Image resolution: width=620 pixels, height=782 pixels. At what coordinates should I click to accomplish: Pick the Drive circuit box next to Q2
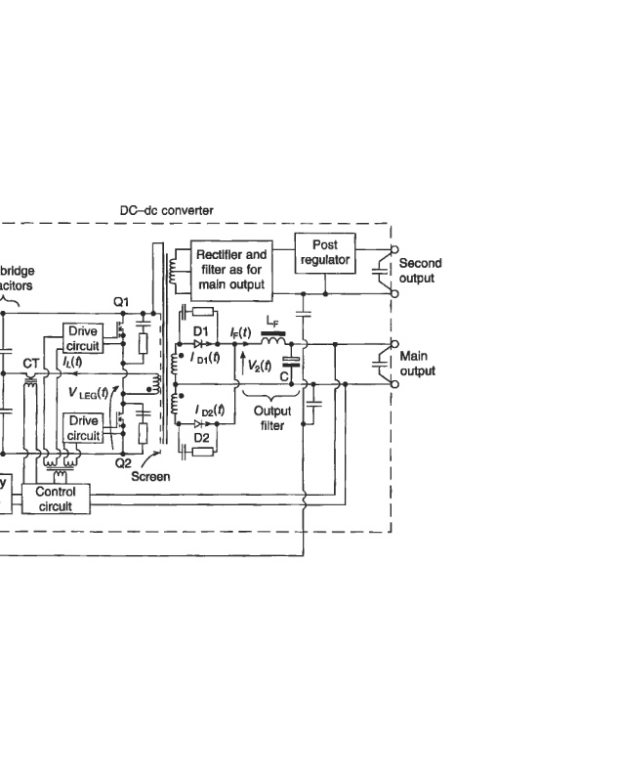pos(83,428)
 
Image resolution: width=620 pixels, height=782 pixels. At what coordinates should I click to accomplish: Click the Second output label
pos(420,271)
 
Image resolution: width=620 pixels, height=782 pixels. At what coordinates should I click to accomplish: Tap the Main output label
pos(418,364)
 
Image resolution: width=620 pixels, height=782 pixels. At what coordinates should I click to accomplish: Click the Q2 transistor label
pos(123,463)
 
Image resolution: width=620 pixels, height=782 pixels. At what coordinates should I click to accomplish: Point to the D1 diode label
pos(201,331)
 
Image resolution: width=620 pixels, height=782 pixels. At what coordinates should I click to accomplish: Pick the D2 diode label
pos(200,438)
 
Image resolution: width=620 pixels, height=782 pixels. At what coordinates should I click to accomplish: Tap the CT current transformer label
pos(31,363)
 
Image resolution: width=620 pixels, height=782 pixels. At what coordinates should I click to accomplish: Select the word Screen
pos(150,477)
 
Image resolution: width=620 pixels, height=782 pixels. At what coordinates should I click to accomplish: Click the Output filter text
pos(271,418)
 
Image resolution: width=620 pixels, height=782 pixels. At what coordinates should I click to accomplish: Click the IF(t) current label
pos(240,332)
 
